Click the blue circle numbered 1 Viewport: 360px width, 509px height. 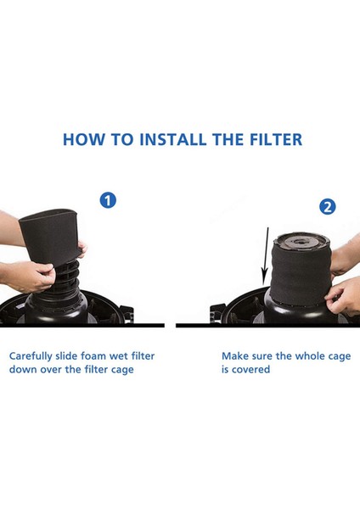(x=108, y=200)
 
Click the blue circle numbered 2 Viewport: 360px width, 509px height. (x=327, y=207)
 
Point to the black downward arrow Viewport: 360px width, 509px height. (x=264, y=255)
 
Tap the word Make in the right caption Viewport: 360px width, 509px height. (x=235, y=357)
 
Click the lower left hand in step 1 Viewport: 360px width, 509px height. (x=30, y=276)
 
